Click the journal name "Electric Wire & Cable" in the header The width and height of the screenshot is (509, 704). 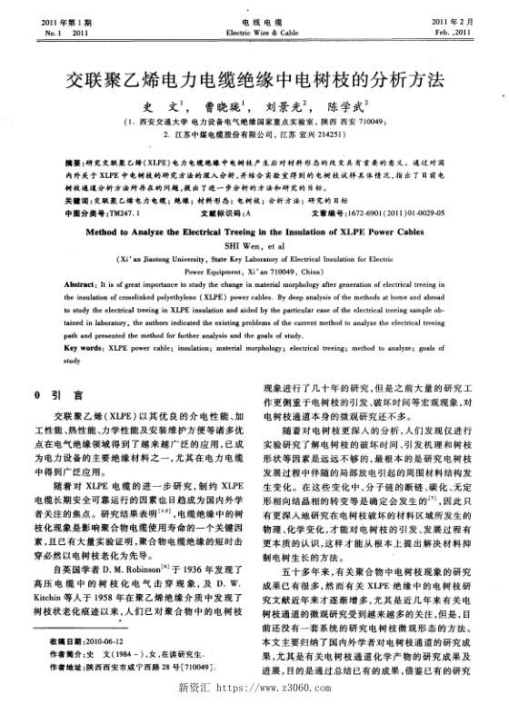pyautogui.click(x=254, y=31)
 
